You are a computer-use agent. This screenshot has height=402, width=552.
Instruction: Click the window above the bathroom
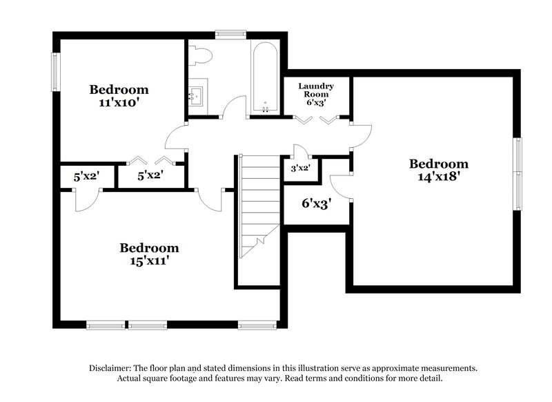(230, 32)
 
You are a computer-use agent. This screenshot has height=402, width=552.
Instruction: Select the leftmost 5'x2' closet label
(86, 176)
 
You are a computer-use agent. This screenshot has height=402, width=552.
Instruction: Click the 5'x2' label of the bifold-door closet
(150, 176)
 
